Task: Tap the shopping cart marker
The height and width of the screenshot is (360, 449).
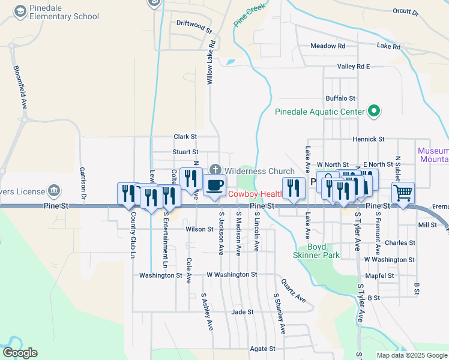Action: (403, 193)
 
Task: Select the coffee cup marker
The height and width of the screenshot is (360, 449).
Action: (214, 185)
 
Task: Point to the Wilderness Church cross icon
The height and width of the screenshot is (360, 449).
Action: (215, 171)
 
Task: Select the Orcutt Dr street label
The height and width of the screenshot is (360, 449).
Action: (406, 11)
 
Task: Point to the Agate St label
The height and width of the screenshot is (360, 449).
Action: (262, 348)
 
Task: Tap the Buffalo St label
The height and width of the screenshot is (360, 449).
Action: (340, 98)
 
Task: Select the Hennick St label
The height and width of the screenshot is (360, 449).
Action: (368, 139)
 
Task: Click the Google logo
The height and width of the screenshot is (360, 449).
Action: (20, 353)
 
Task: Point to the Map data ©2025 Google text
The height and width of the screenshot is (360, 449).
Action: (411, 355)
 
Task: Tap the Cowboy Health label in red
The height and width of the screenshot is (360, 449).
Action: (255, 194)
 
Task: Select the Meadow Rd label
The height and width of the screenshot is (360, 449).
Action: (328, 46)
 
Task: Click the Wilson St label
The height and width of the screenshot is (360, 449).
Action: (199, 229)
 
